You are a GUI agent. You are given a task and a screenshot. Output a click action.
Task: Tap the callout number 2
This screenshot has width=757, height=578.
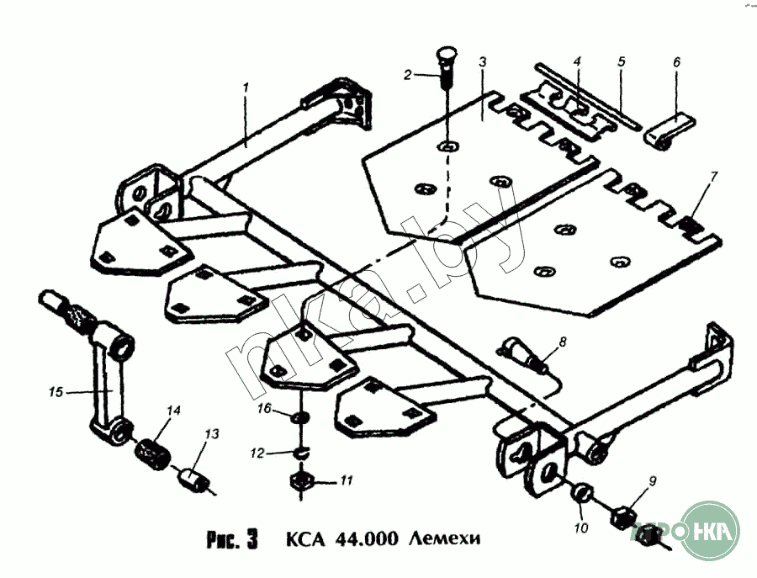[x=409, y=75]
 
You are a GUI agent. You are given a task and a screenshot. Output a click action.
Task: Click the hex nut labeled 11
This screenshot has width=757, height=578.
[x=259, y=453]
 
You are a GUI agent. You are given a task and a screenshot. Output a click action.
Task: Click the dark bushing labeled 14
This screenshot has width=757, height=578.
[x=56, y=391]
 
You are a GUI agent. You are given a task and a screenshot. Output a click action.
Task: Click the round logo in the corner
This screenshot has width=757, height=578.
[x=709, y=531]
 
